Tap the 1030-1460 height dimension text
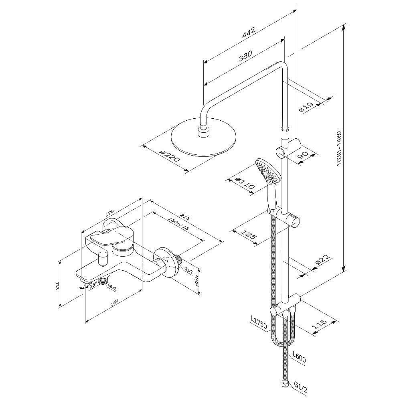pos(339,149)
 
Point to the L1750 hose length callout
pos(258,323)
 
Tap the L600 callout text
pos(299,356)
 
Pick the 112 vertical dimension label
pos(58,286)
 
